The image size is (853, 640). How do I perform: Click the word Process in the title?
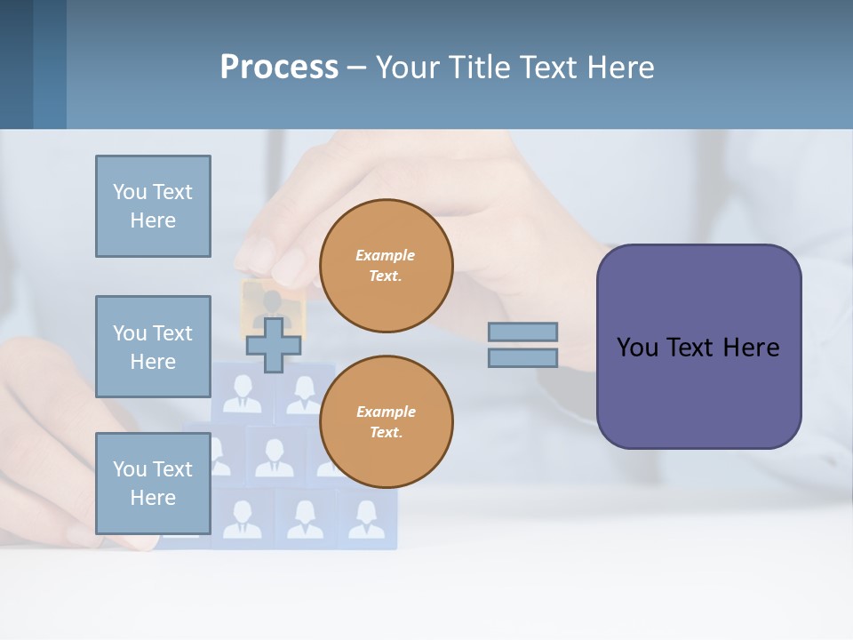tap(279, 68)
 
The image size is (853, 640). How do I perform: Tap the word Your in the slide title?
tap(408, 68)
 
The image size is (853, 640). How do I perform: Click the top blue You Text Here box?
tap(153, 206)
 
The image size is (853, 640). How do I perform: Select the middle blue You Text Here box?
tap(153, 347)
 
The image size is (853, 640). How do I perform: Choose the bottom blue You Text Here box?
tap(153, 484)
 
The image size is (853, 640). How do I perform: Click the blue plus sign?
tap(274, 345)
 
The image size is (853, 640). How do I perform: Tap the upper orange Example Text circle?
tap(387, 266)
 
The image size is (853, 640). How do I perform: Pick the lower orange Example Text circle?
tap(387, 422)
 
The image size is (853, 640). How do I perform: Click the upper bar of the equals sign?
tap(522, 332)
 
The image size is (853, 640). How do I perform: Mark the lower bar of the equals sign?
tap(522, 358)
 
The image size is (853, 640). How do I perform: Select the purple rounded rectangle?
tap(698, 347)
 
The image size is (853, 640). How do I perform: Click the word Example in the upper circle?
tap(386, 255)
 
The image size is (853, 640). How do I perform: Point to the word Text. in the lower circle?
tap(386, 433)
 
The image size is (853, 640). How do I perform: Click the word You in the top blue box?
tap(129, 192)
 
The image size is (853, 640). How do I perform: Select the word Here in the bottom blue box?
tap(153, 498)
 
